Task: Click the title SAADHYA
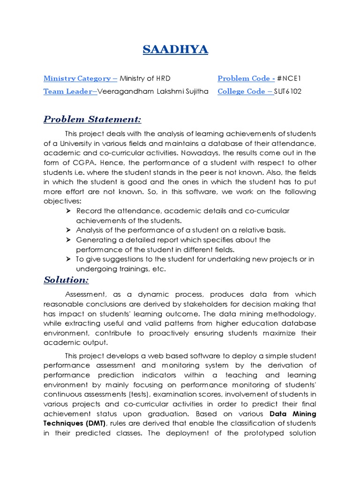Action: coord(175,50)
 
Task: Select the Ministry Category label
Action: coord(80,78)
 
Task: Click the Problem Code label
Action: coord(246,78)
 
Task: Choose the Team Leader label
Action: coord(70,91)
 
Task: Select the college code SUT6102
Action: coord(288,91)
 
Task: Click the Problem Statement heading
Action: coord(92,119)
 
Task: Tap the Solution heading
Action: coord(66,280)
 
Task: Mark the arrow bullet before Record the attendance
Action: coord(68,211)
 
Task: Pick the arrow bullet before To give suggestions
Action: coord(68,259)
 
